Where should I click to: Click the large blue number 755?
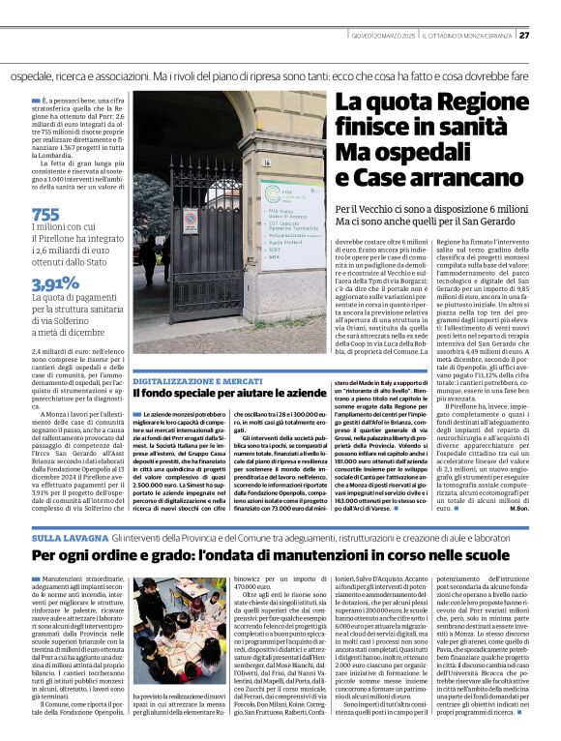coord(45,215)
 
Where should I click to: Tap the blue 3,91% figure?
coord(54,284)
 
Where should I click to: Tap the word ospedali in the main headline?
coord(412,153)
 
